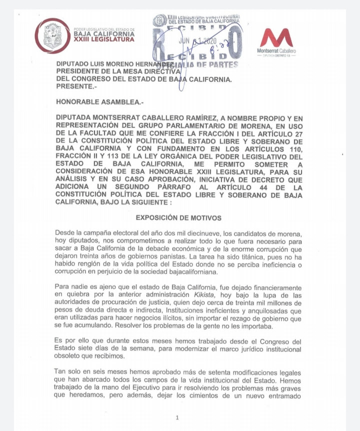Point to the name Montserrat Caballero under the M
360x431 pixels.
(276, 51)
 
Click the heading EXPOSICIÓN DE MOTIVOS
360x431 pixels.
(178, 218)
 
